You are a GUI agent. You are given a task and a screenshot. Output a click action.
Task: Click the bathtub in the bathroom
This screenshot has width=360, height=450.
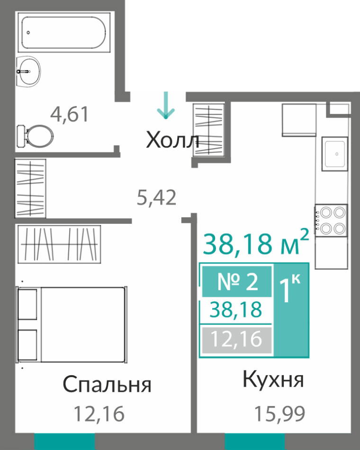[64, 33]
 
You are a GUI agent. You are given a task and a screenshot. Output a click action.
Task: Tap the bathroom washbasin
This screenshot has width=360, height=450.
[28, 72]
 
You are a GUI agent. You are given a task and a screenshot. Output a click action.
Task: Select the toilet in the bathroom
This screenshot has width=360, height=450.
[35, 136]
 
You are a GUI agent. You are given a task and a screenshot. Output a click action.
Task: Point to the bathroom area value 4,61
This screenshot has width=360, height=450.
[69, 114]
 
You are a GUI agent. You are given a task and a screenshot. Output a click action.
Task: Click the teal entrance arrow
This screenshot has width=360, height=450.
[165, 105]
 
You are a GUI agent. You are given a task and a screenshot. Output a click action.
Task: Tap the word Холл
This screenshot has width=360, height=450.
[172, 140]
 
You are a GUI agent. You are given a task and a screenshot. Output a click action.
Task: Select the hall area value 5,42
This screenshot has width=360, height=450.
[156, 198]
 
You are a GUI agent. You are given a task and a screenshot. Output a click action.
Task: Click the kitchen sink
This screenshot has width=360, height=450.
[335, 154]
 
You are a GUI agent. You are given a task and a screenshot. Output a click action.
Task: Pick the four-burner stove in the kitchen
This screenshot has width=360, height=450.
[331, 221]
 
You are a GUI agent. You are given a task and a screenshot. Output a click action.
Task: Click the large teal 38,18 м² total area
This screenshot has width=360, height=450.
[256, 243]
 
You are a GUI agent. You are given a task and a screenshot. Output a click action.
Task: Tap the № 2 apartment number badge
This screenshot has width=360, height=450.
[237, 281]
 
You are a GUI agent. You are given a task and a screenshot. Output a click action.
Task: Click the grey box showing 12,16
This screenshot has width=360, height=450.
[236, 339]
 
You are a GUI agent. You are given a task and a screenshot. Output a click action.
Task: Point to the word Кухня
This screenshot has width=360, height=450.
[273, 379]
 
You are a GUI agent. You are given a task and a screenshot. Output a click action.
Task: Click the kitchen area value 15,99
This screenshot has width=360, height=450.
[280, 414]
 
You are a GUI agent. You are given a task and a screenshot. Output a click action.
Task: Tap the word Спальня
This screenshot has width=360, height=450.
[107, 385]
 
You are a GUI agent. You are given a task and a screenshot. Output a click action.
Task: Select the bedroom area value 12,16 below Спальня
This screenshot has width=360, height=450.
[99, 414]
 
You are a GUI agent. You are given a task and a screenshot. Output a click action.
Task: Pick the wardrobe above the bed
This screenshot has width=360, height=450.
[59, 244]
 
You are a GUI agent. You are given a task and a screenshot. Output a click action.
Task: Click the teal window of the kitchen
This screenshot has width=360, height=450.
[255, 441]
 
